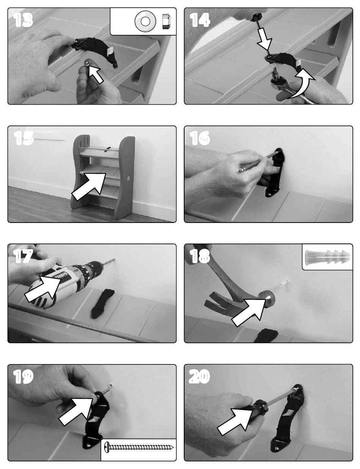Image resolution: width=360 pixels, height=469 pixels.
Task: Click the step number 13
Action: tap(23, 20)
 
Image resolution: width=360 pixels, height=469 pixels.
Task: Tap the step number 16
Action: tap(200, 138)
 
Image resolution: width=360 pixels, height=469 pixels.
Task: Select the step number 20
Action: tap(199, 376)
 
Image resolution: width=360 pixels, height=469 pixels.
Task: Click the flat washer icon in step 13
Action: tap(145, 21)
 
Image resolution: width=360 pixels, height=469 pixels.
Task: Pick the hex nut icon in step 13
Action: tap(166, 22)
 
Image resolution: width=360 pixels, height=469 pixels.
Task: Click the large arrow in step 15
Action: tap(89, 187)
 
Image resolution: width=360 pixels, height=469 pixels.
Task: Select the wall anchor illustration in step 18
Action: tap(327, 257)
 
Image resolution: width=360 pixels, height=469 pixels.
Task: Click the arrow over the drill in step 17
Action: tap(43, 289)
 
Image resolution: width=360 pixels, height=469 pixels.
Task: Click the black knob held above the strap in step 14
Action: tap(257, 16)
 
